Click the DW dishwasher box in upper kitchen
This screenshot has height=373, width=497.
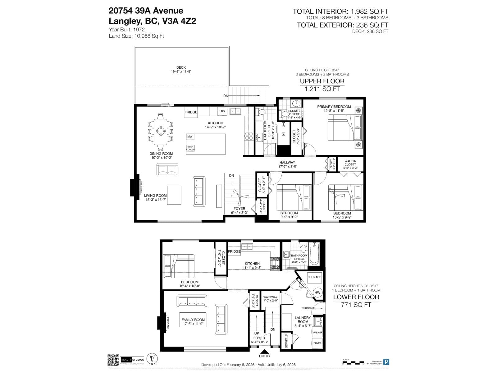point(222,111)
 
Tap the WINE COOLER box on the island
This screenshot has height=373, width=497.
point(190,148)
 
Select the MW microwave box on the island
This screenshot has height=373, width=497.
point(190,136)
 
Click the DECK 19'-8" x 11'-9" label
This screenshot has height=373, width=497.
point(181,69)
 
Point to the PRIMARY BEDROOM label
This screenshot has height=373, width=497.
point(334,107)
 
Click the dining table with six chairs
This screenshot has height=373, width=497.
point(161,131)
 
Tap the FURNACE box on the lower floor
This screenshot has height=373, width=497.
point(314,277)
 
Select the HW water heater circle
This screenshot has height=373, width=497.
point(317,292)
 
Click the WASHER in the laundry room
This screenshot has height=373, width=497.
point(317,332)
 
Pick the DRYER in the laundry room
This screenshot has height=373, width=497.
point(317,343)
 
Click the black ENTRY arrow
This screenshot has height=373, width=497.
point(265,351)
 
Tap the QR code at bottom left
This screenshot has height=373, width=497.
point(113,360)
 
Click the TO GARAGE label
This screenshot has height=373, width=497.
point(308,308)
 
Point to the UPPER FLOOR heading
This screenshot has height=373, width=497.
point(322,81)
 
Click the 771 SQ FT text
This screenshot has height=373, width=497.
point(356,305)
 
